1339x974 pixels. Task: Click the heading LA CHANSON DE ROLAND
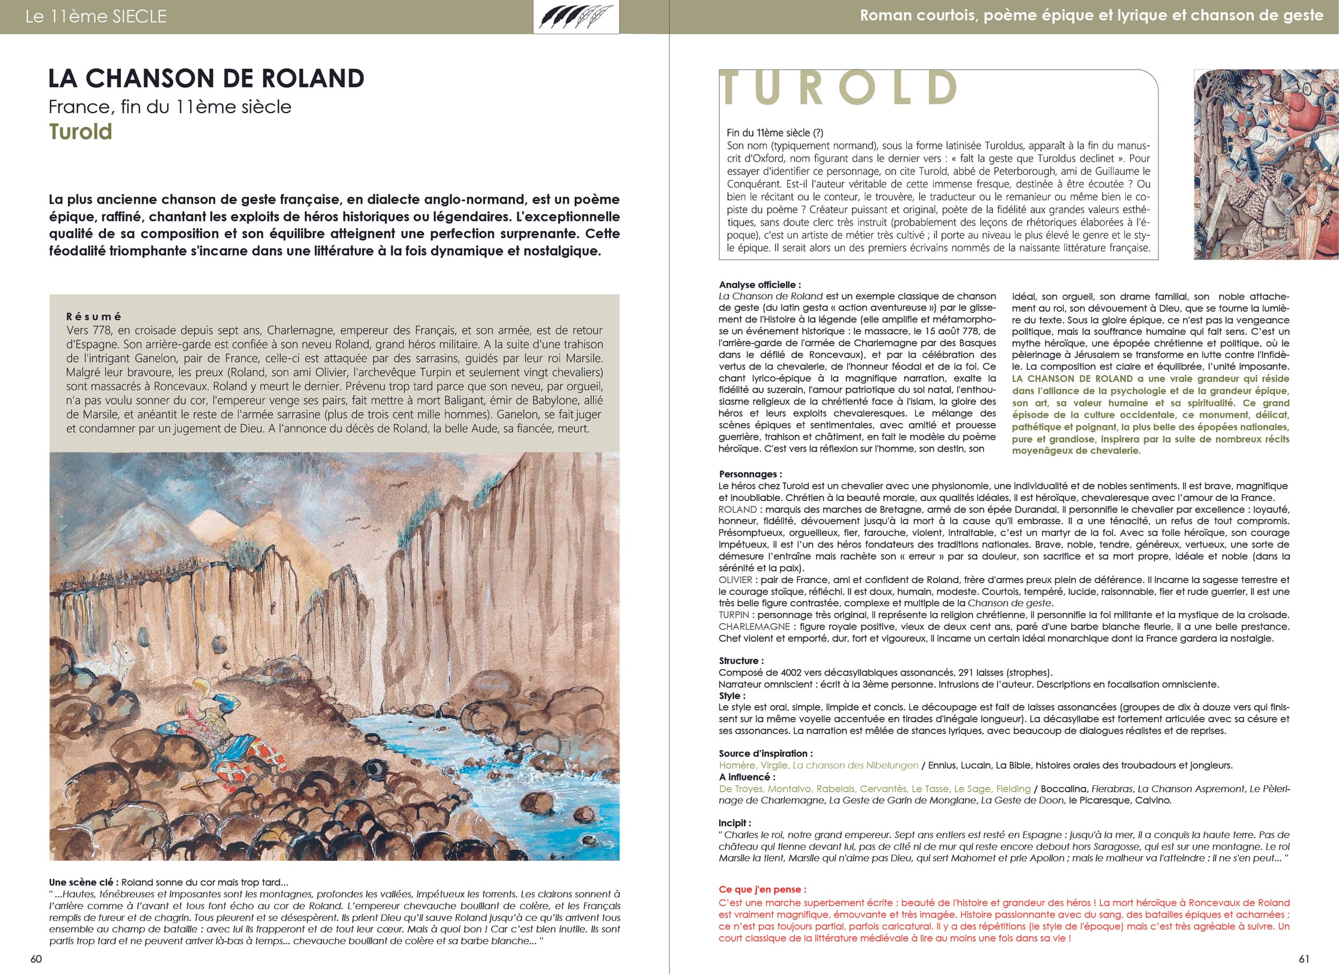[206, 79]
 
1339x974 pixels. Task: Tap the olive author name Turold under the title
[80, 132]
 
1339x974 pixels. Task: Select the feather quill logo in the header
[576, 17]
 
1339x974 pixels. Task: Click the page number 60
[36, 958]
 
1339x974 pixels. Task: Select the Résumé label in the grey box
[94, 317]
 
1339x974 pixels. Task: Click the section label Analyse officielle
[760, 284]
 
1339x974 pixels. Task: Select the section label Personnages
[750, 474]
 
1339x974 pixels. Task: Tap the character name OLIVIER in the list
[735, 580]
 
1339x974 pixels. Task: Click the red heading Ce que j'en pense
[762, 889]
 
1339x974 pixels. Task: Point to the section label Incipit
[735, 823]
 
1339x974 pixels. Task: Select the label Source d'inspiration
[766, 753]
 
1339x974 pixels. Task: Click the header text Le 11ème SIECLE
[96, 17]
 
